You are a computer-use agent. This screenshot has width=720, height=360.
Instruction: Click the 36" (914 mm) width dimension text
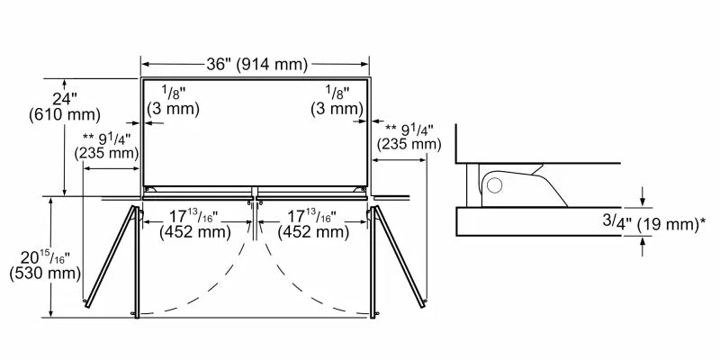pos(256,64)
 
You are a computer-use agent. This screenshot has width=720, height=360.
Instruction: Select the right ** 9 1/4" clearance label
pos(409,129)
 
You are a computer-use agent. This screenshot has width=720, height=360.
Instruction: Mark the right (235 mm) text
pos(409,144)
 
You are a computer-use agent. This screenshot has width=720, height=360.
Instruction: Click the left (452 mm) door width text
pos(192,232)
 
